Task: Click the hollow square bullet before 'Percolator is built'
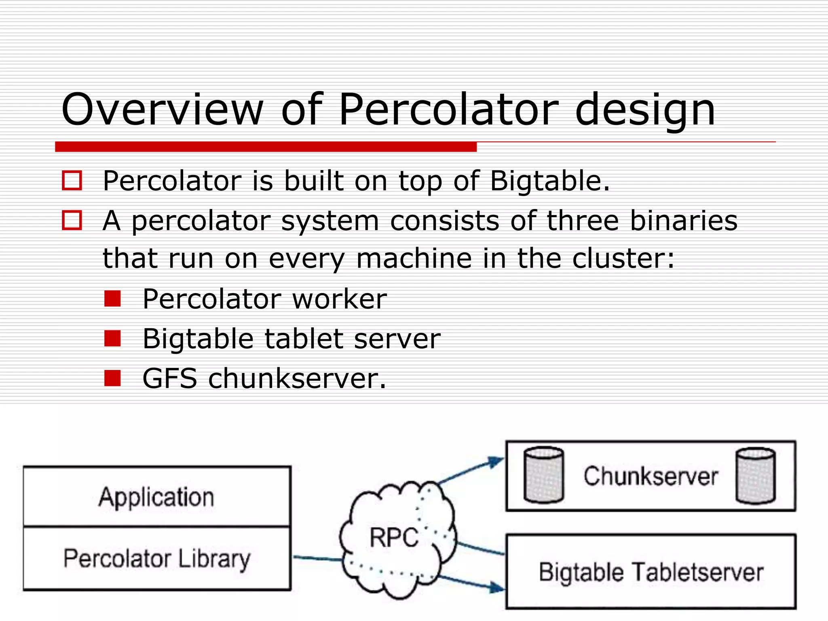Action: coord(72,180)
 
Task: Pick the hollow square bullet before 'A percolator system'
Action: coord(72,220)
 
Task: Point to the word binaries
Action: coord(684,221)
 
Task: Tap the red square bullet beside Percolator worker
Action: coord(112,299)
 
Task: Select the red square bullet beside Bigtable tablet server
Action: coord(112,338)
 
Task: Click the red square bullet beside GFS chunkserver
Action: coord(112,378)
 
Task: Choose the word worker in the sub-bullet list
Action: coord(339,299)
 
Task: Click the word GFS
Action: coord(170,378)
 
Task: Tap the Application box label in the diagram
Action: coord(156,497)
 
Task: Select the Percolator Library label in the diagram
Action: coord(157,559)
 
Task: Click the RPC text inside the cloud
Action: coord(394,537)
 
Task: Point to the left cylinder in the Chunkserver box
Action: coord(543,475)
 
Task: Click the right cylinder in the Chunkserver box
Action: coord(756,476)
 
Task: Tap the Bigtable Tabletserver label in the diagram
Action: coord(651,572)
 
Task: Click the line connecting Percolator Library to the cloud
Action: coord(317,559)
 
